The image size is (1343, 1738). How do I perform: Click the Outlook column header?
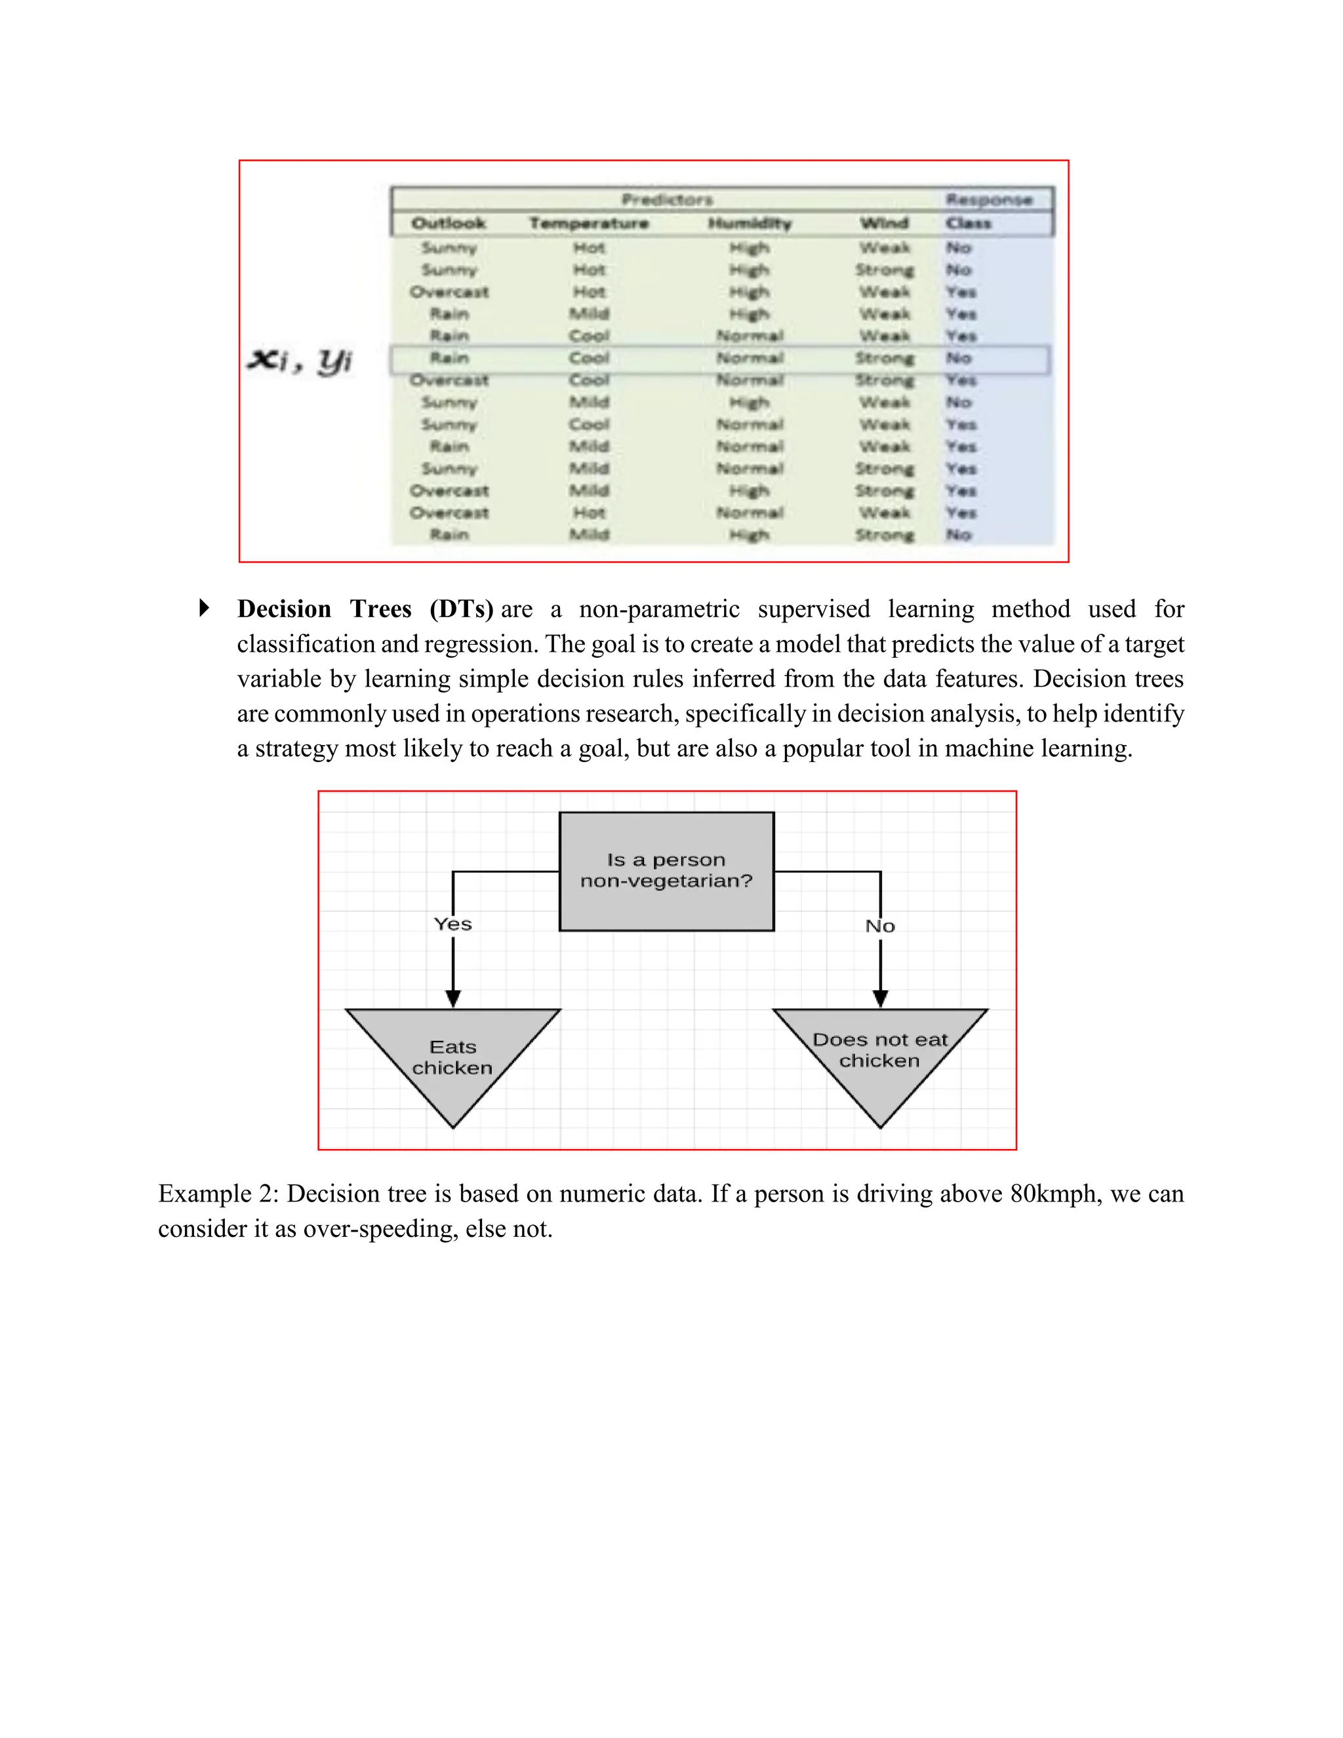[448, 224]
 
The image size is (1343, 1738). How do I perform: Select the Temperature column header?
[589, 224]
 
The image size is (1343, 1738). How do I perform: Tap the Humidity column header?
[750, 224]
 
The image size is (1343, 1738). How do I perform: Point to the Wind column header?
[884, 224]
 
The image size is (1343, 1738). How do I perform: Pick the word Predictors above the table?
[667, 200]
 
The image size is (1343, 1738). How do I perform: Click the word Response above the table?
[989, 200]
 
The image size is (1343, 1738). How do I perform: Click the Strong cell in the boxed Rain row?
[884, 358]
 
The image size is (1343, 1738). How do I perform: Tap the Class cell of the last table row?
[959, 535]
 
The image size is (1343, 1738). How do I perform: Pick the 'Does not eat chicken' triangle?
[880, 1051]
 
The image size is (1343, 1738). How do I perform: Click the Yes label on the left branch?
[452, 924]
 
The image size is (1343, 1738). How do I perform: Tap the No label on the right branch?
[880, 926]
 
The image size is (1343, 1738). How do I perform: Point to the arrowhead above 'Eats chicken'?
[452, 998]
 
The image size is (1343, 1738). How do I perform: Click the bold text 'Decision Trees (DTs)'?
[365, 609]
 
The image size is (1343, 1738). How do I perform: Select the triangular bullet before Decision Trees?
[204, 608]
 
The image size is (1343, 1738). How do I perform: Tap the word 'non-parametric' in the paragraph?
[659, 609]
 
